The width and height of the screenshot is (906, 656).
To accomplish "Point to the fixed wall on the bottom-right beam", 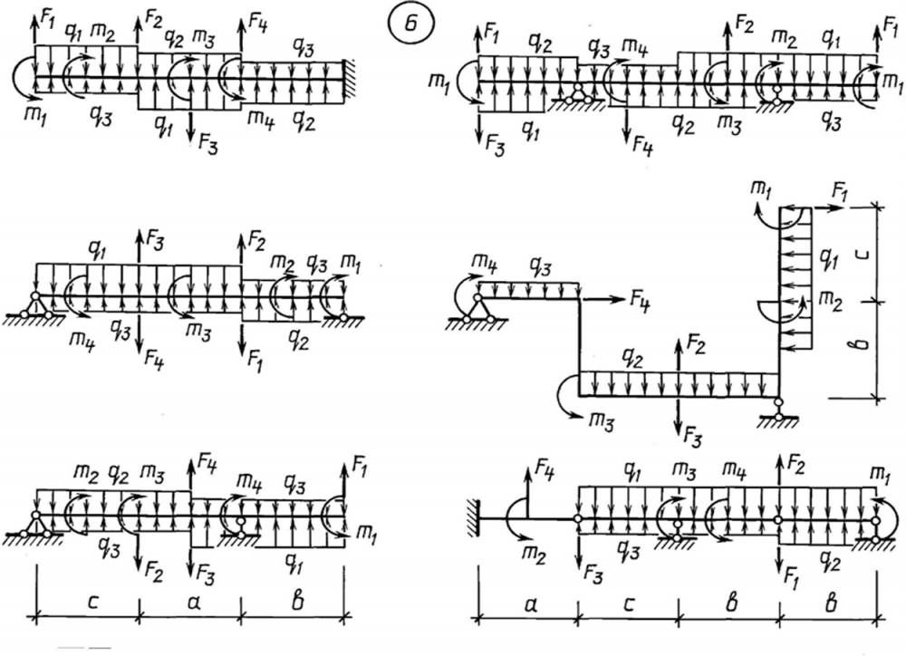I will click(x=473, y=517).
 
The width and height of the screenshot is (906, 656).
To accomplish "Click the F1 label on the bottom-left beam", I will click(x=361, y=470).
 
